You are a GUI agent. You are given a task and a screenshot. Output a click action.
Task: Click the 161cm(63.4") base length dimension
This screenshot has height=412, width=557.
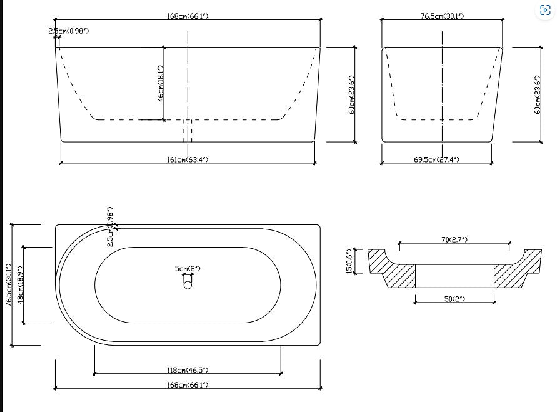pos(188,160)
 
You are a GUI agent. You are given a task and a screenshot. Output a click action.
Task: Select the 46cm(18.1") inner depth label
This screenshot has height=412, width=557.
pos(161,83)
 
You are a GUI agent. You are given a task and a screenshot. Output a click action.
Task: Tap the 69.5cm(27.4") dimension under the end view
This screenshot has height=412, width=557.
pos(436,160)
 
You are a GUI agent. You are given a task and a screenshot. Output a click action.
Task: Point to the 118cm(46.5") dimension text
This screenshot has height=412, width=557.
pos(188,370)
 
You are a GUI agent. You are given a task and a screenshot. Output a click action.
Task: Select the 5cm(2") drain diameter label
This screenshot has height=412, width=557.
pos(188,269)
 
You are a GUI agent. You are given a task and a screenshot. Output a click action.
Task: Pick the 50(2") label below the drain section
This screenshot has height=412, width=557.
pos(454,299)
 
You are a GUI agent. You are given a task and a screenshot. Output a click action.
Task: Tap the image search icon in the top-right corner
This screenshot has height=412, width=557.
pos(545,10)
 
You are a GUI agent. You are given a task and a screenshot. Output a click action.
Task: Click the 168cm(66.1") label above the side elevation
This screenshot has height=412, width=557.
pos(188,16)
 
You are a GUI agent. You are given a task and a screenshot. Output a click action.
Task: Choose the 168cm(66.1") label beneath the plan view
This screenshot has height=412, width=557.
pos(188,384)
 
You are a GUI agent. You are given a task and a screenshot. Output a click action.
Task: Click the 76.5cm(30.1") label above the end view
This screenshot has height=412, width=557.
pos(442,16)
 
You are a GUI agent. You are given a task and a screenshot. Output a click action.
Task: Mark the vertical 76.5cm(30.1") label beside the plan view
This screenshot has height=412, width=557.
pos(8,285)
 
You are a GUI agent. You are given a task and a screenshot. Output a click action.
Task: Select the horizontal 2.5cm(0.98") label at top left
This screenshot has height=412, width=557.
pos(69,31)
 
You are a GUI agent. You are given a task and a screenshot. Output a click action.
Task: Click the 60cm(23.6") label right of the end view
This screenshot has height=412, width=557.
pos(537,94)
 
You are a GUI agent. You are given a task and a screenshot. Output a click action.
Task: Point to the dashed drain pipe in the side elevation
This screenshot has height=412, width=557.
pos(188,131)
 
